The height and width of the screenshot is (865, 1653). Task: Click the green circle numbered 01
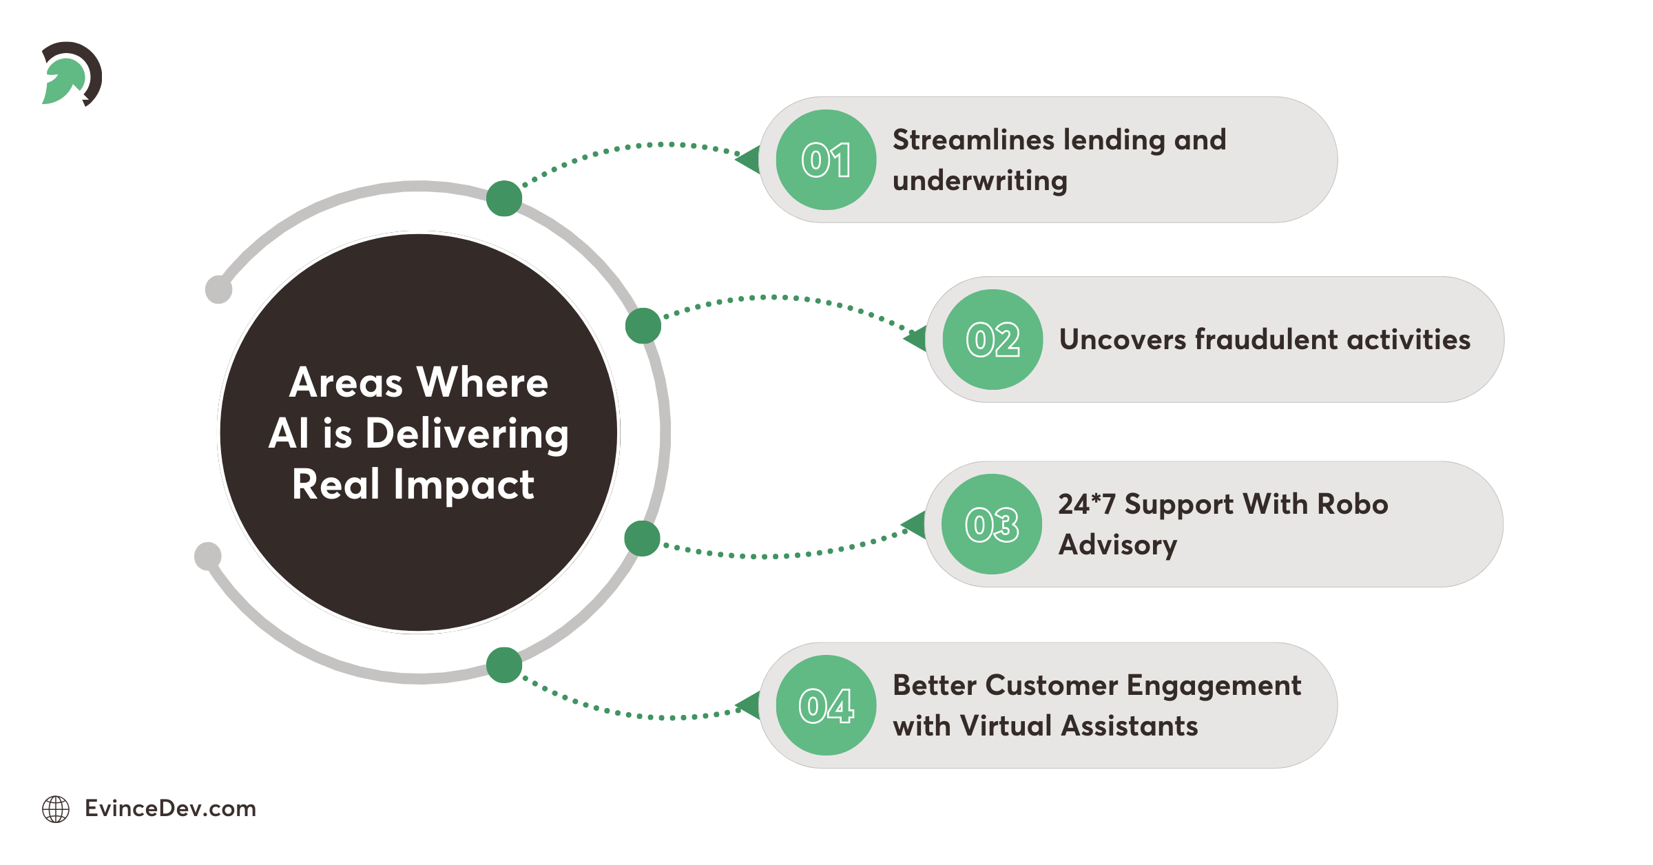point(826,160)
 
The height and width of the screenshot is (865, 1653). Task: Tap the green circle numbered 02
point(992,340)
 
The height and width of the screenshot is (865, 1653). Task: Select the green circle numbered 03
point(992,524)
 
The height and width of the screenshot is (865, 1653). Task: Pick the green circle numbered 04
point(826,705)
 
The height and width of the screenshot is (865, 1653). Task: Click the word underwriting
point(979,181)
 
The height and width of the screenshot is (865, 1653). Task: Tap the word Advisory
point(1117,545)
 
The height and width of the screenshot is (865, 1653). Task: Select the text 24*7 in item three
point(1086,504)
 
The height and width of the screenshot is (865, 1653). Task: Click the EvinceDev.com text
point(170,809)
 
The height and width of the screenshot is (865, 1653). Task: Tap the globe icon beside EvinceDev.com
point(56,809)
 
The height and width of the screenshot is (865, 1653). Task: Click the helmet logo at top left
point(71,74)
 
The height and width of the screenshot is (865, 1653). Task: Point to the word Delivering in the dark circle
point(467,434)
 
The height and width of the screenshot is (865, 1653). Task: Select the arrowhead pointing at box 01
point(749,160)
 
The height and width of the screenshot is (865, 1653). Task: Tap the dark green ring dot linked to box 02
point(643,326)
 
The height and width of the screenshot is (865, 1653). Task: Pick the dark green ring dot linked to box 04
point(504,665)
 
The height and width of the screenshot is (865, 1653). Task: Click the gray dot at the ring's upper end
point(219,289)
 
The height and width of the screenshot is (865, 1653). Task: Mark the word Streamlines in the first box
point(973,140)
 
